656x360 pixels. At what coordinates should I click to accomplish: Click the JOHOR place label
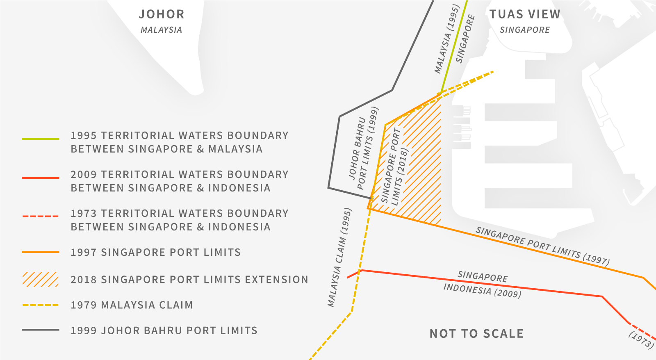[x=162, y=14]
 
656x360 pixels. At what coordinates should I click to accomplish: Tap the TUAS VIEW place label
[x=525, y=14]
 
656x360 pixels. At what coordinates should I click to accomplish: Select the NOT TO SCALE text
[x=476, y=334]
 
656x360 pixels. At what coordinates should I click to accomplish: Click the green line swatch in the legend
[x=40, y=139]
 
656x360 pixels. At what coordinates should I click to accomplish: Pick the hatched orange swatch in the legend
[x=40, y=279]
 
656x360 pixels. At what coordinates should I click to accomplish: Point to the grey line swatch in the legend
[x=40, y=330]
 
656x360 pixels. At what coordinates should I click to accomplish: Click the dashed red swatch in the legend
[x=40, y=216]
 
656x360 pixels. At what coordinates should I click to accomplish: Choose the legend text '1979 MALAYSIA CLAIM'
[x=132, y=305]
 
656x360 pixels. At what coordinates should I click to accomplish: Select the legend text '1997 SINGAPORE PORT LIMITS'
[x=155, y=252]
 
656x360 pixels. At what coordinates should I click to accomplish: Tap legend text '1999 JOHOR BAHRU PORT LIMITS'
[x=164, y=330]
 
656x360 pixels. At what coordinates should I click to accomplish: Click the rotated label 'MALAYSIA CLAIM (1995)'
[x=339, y=257]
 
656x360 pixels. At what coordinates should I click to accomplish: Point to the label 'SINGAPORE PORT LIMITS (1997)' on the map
[x=542, y=246]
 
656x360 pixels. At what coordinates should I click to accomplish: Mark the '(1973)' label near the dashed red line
[x=641, y=340]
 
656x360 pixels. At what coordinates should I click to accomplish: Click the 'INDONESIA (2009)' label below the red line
[x=482, y=290]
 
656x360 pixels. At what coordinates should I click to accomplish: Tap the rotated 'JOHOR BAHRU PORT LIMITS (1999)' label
[x=363, y=148]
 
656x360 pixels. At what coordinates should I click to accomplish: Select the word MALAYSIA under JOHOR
[x=161, y=30]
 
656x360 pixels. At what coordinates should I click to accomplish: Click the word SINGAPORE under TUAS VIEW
[x=525, y=30]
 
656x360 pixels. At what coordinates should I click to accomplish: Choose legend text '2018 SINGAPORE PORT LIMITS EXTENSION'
[x=189, y=280]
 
